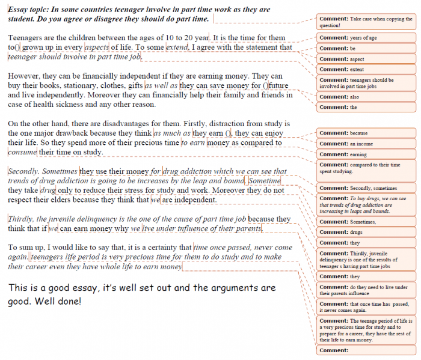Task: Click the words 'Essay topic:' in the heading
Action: pos(30,10)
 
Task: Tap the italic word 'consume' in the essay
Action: pos(22,152)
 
